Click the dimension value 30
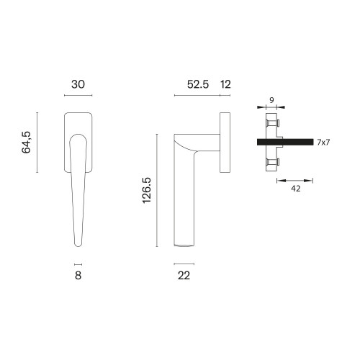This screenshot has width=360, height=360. point(78,84)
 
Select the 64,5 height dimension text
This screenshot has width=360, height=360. point(26,143)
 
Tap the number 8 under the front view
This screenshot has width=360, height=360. point(78,275)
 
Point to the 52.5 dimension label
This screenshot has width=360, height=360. point(198,84)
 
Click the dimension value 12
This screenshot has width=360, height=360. point(225,84)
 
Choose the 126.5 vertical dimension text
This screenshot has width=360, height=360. point(147,190)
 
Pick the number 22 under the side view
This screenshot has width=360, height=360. point(184,276)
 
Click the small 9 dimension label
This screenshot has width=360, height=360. point(271,100)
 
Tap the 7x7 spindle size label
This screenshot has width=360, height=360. point(323,143)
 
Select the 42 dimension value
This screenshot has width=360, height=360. point(295,189)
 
